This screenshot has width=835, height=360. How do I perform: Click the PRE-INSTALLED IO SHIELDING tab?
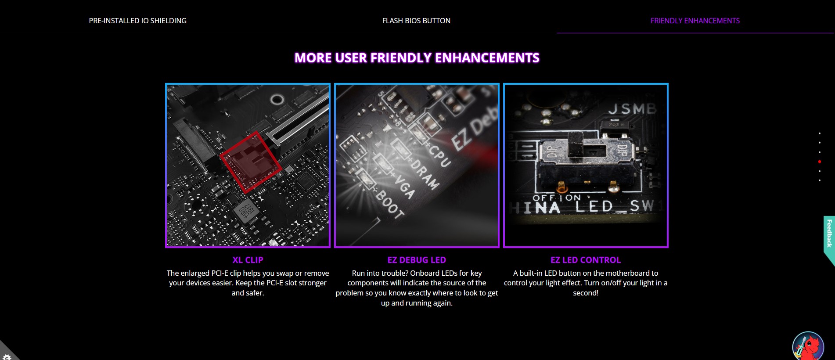coord(137,21)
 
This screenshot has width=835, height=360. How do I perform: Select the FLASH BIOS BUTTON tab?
coord(416,21)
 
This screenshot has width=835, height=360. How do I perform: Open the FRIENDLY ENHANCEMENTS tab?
coord(695,21)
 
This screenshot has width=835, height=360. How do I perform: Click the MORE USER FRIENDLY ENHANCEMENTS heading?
coord(417,58)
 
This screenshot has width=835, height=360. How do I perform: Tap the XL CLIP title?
coord(248,260)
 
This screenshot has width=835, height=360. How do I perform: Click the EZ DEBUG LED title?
coord(417,260)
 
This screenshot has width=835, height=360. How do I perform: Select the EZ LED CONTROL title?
coord(586,260)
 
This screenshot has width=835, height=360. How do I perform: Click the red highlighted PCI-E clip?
coord(251,162)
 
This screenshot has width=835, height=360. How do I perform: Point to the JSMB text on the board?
coord(632,108)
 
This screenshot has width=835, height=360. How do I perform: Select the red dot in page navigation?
coord(820,162)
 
